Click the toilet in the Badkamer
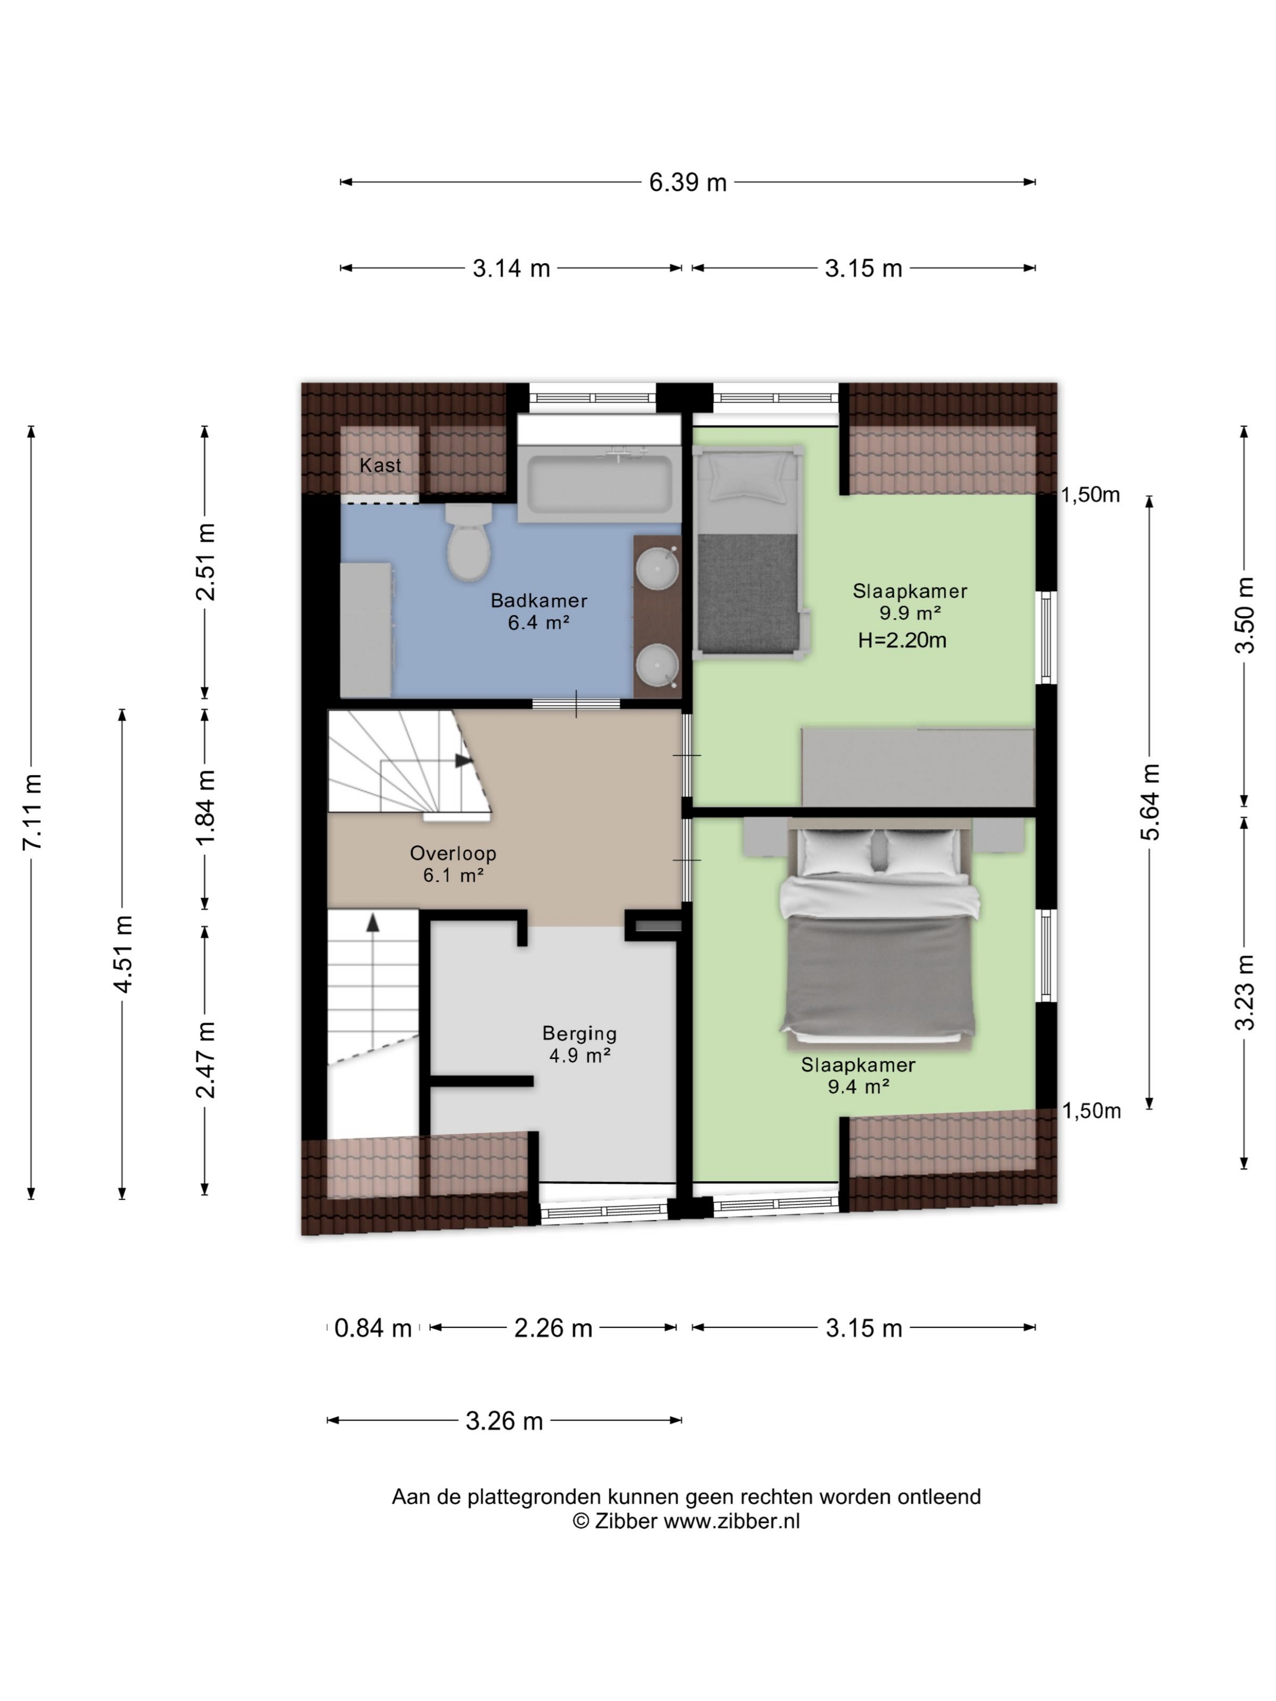coord(468,541)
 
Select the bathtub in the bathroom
coord(599,482)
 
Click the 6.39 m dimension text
coord(688,182)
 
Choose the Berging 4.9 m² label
coord(579,1044)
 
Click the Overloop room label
coord(453,853)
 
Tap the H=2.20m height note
coord(902,640)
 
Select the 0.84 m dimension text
coord(373,1328)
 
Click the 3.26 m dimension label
coord(504,1420)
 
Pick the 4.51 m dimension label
coord(123,954)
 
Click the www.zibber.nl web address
coord(732,1521)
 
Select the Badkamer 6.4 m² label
coord(538,611)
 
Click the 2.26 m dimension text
coord(553,1328)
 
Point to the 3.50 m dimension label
coord(1244,615)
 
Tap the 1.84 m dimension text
coord(206,807)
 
